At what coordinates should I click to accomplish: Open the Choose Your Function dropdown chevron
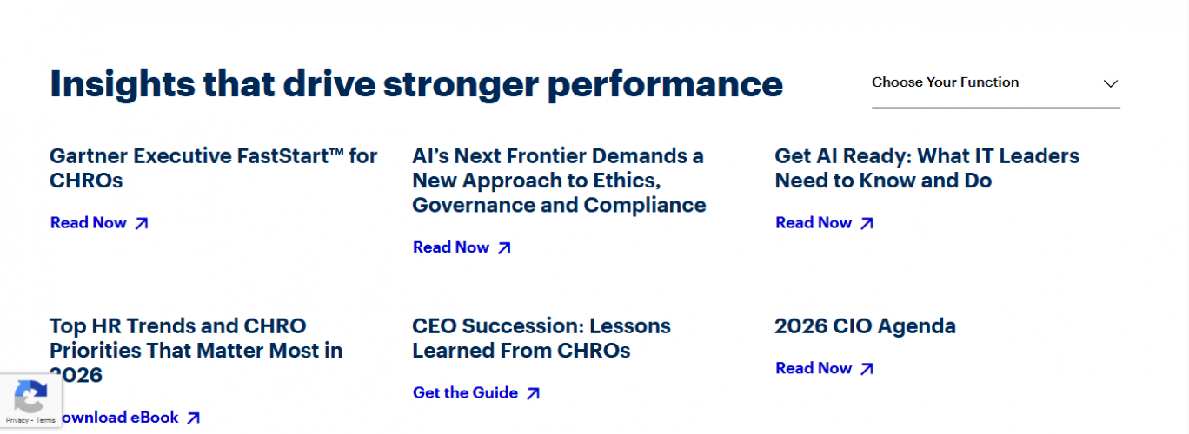pyautogui.click(x=1110, y=84)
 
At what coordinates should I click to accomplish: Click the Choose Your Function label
pyautogui.click(x=945, y=82)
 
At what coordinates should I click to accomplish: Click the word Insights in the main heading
pyautogui.click(x=122, y=84)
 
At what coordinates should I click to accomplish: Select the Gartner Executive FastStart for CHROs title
pyautogui.click(x=213, y=168)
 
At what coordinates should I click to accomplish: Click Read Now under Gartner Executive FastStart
pyautogui.click(x=89, y=223)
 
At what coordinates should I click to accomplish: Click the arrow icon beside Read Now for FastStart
pyautogui.click(x=142, y=224)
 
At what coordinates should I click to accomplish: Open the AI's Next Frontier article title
pyautogui.click(x=558, y=181)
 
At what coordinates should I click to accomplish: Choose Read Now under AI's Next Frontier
pyautogui.click(x=451, y=247)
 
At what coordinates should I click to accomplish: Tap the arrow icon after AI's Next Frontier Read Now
pyautogui.click(x=504, y=248)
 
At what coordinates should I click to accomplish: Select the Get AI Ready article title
pyautogui.click(x=927, y=168)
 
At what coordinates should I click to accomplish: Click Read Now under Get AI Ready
pyautogui.click(x=814, y=223)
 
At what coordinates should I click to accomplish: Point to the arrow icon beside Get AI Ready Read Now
pyautogui.click(x=867, y=224)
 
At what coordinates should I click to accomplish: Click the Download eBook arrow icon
pyautogui.click(x=193, y=418)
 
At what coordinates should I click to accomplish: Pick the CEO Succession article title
pyautogui.click(x=541, y=339)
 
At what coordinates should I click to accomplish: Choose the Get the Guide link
pyautogui.click(x=465, y=393)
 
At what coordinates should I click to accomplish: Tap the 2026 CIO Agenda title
pyautogui.click(x=865, y=326)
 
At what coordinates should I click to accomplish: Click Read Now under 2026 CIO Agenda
pyautogui.click(x=814, y=369)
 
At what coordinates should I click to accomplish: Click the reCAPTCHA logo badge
pyautogui.click(x=30, y=398)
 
